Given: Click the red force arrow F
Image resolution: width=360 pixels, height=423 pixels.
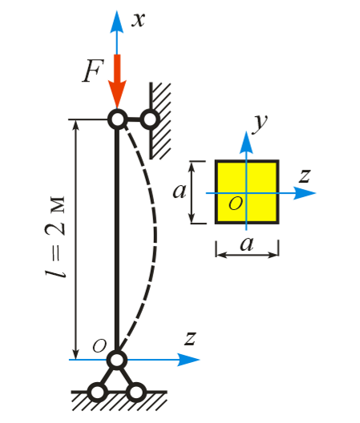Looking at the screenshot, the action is click(117, 81).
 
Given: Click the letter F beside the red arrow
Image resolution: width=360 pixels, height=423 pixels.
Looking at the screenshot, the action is click(93, 70).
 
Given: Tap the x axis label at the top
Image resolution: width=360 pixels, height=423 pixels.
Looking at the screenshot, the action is click(138, 20).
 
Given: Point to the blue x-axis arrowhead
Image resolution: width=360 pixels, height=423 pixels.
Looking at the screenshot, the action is click(117, 22).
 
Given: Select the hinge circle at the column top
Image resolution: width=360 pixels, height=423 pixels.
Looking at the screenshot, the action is click(118, 119).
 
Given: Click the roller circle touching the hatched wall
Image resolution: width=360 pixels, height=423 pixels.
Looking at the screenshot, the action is click(150, 119).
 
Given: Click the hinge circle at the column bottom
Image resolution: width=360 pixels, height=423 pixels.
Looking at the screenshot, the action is click(117, 360).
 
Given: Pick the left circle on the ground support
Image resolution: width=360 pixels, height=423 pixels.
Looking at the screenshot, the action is click(98, 392).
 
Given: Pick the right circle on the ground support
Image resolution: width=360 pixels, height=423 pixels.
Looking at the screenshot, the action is click(136, 392).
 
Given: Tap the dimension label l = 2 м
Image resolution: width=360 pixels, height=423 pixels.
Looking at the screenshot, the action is click(55, 237).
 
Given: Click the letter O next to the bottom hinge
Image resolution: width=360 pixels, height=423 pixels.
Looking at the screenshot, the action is click(99, 346).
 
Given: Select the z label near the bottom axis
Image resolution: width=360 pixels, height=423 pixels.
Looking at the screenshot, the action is click(190, 338).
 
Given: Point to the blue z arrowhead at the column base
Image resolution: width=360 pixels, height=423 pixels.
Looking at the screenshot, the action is click(188, 360).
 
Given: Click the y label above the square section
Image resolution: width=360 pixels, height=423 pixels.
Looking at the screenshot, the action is click(260, 123).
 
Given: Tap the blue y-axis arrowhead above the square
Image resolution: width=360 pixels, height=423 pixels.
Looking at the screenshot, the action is click(246, 143).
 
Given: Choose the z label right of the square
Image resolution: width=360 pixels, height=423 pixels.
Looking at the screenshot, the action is click(305, 176).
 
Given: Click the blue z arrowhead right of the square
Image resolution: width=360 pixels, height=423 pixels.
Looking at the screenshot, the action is click(305, 193).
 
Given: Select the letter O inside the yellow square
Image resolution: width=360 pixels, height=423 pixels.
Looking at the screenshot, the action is click(236, 203).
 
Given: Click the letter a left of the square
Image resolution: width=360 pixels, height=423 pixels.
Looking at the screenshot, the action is click(180, 191).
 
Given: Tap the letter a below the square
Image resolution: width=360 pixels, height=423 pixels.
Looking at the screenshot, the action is click(247, 244).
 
